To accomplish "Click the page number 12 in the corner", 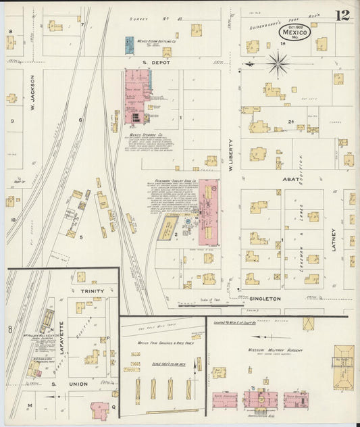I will (x=342, y=15).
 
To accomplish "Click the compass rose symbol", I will (x=277, y=65).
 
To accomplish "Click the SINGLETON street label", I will (x=265, y=298).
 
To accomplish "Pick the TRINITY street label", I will (x=92, y=291).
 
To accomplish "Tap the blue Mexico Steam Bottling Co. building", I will (x=130, y=45).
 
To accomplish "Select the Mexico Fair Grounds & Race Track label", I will (x=161, y=343).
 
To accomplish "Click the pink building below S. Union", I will (x=99, y=409).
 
